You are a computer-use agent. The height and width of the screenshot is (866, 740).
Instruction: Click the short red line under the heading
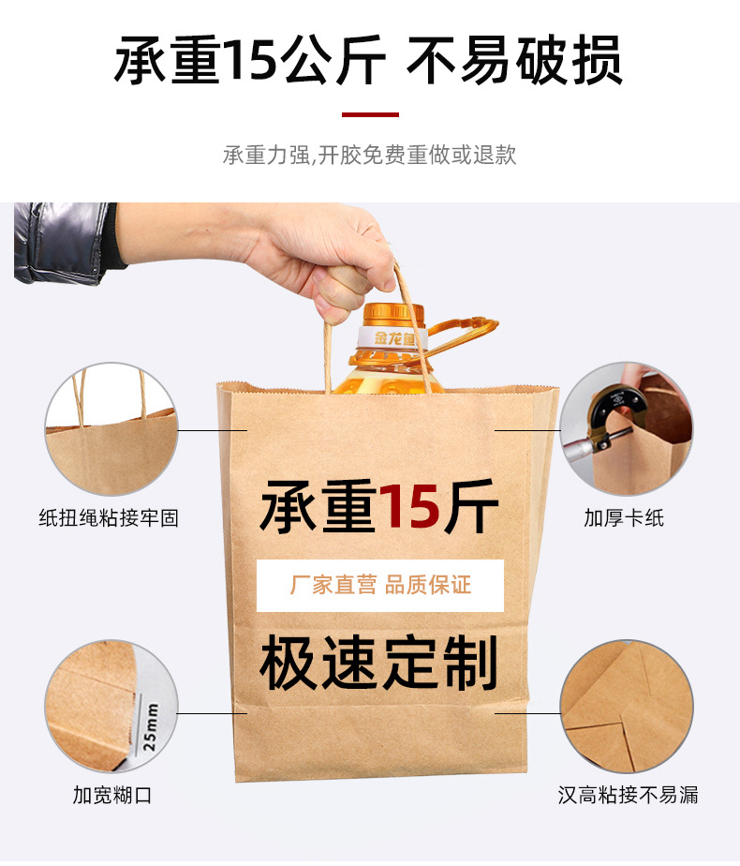[x=370, y=114]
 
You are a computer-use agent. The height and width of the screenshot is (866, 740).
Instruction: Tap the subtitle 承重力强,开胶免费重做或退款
[x=369, y=155]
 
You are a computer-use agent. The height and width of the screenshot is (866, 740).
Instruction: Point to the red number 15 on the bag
[x=409, y=507]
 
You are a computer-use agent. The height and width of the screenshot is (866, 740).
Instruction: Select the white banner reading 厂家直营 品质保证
[x=380, y=586]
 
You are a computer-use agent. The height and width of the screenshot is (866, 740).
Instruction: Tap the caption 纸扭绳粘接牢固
[x=109, y=517]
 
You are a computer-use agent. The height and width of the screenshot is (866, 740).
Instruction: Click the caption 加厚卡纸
[x=624, y=517]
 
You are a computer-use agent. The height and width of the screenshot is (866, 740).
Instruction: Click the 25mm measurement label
[x=150, y=723]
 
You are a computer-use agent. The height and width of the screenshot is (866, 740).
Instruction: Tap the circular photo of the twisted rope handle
[x=111, y=429]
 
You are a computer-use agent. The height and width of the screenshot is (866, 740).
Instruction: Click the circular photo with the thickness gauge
[x=626, y=429]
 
